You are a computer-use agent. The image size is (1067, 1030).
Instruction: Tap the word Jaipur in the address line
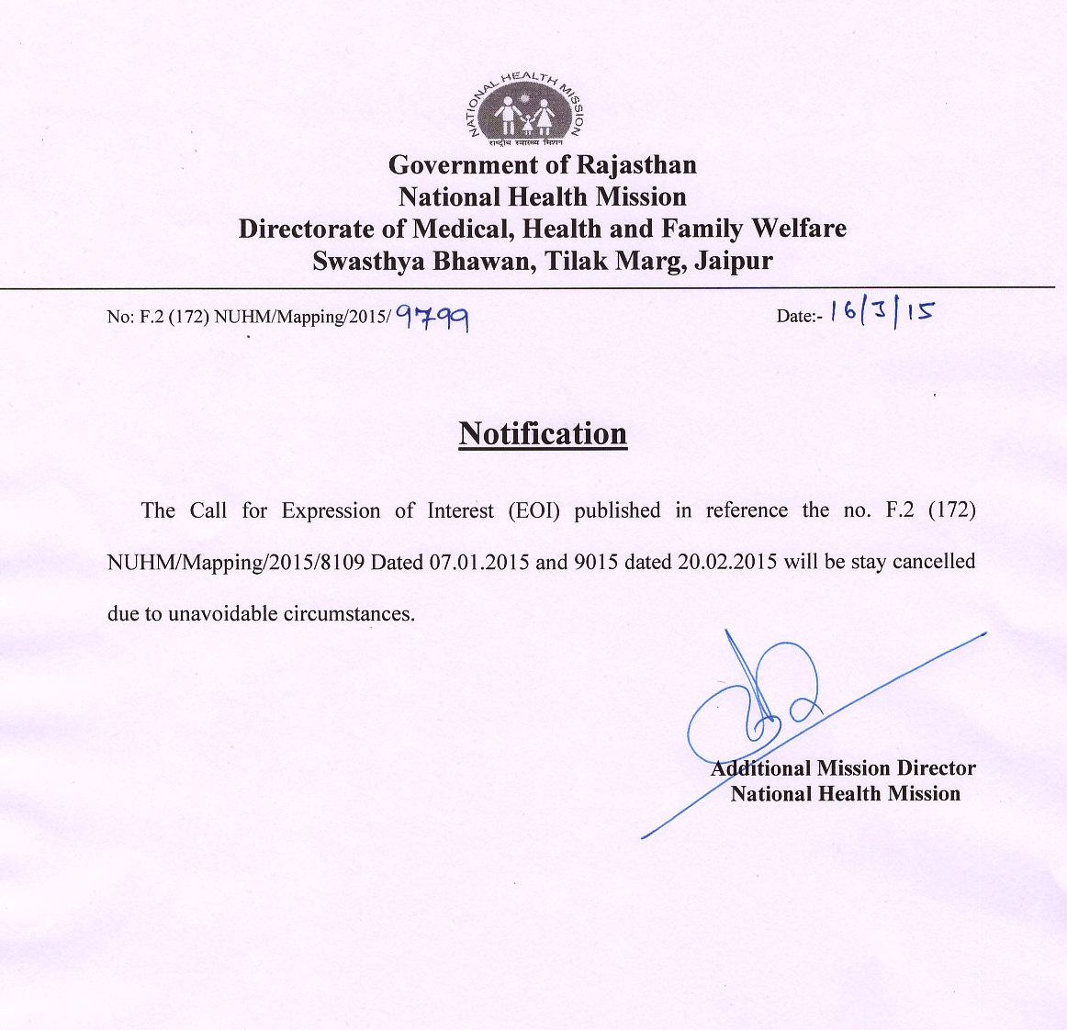tap(734, 262)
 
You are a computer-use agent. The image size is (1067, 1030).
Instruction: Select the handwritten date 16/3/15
tap(880, 312)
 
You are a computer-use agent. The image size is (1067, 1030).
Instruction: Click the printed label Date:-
tap(798, 317)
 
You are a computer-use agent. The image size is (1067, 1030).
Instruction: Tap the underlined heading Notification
tap(543, 433)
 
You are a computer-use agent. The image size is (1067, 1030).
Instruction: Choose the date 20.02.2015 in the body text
tap(726, 562)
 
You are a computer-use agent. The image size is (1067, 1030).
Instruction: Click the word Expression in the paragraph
tap(331, 511)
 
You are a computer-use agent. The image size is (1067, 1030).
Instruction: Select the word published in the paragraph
tap(617, 510)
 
